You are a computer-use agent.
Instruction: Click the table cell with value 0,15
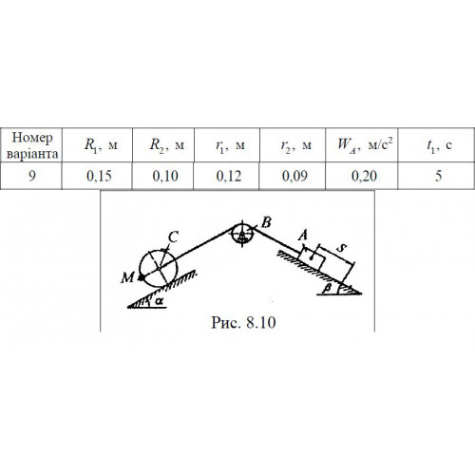99,176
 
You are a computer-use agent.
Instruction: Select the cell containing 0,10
165,176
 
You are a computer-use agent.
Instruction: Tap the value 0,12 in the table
229,176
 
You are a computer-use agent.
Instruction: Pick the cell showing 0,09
294,176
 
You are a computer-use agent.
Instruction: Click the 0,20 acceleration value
364,176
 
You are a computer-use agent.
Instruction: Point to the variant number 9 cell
31,176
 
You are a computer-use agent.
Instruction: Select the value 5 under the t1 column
438,176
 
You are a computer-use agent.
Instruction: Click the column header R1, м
101,145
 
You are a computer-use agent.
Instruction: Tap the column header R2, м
167,145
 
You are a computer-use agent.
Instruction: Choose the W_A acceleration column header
365,144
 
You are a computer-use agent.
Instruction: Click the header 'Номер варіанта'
32,145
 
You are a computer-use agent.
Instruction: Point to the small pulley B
242,234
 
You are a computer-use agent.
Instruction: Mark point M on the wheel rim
141,277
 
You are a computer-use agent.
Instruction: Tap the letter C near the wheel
173,237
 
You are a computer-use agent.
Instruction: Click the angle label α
160,301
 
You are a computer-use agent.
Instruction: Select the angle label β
328,288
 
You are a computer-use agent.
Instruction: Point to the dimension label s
341,248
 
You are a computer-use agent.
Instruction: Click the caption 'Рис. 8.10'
243,323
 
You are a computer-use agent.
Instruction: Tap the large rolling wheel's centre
158,269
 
